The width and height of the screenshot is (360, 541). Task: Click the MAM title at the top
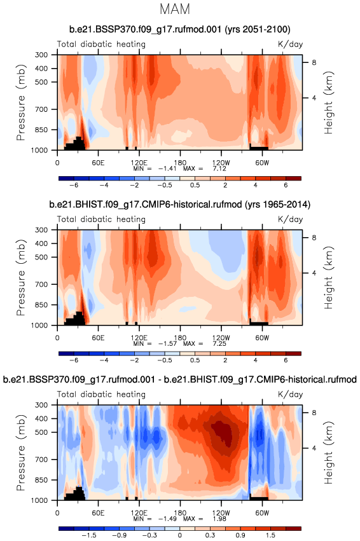pos(175,10)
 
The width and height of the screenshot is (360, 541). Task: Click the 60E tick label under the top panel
pos(98,163)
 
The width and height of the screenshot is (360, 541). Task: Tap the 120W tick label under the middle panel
pos(221,338)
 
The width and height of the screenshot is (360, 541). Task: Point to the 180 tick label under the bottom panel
pos(180,512)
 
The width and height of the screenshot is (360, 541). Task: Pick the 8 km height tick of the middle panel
pos(314,237)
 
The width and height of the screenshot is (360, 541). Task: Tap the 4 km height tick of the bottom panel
pos(314,448)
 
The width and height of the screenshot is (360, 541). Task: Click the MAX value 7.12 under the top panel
pos(219,168)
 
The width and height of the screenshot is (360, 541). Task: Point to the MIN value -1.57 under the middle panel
pos(167,344)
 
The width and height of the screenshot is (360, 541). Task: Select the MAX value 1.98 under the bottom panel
pos(219,519)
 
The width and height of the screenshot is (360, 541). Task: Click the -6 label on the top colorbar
pos(74,185)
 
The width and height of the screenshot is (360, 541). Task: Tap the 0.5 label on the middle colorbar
pos(195,360)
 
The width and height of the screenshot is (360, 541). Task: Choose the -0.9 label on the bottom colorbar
pos(120,535)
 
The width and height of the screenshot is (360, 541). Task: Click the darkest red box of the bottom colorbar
pos(293,528)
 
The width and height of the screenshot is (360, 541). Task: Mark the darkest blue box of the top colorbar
pos(66,179)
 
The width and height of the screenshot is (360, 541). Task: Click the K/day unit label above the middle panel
pos(290,219)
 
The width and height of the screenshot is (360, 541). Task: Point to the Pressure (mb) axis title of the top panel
pos(21,102)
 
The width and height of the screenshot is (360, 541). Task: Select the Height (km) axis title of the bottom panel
pos(329,453)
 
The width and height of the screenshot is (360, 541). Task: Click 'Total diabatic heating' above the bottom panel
pos(101,394)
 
